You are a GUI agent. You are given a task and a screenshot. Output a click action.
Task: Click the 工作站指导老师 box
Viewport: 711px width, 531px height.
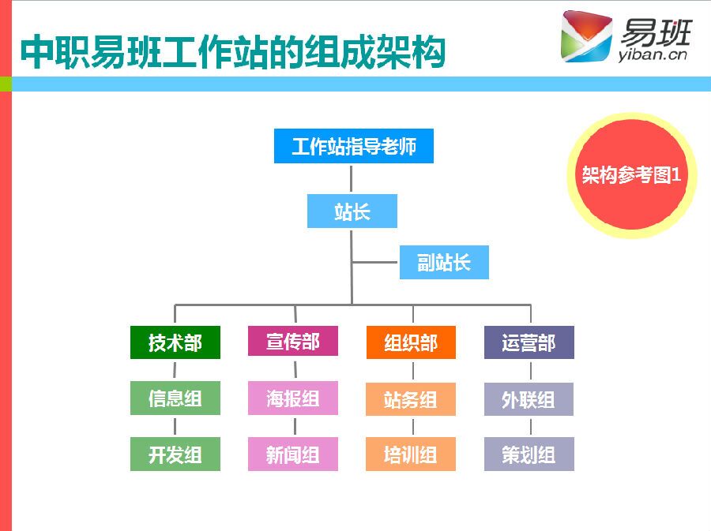353,147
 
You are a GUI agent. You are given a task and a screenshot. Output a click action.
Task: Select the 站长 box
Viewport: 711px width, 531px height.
352,211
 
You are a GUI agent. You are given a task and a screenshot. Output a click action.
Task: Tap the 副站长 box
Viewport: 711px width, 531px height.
443,263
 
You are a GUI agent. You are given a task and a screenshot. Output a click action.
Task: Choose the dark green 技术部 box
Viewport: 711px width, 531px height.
175,342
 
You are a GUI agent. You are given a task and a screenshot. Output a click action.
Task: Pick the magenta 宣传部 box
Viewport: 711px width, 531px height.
292,342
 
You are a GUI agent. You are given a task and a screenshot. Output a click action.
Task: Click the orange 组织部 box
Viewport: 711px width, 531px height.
410,342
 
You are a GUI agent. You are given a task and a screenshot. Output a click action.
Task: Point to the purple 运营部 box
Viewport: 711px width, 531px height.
529,342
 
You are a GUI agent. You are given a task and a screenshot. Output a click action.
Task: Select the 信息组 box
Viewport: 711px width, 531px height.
175,398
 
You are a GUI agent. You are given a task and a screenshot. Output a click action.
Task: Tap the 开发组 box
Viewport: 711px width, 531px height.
175,454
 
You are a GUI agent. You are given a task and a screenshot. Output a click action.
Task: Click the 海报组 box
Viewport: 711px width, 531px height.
292,398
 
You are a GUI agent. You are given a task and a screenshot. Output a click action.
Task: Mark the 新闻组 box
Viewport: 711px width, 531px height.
292,454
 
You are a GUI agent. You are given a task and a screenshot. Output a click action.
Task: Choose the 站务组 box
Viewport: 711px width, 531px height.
410,399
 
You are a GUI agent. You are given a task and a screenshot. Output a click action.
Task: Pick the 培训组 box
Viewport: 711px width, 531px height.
410,454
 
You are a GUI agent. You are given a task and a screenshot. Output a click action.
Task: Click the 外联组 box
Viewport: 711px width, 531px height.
529,399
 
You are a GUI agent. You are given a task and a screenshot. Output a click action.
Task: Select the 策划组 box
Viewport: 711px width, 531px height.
529,454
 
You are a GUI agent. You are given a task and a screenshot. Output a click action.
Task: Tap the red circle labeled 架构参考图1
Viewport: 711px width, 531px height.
631,175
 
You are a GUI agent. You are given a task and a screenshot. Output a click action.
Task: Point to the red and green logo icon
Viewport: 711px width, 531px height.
586,36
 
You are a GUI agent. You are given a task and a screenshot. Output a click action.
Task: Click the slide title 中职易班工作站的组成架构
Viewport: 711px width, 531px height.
232,52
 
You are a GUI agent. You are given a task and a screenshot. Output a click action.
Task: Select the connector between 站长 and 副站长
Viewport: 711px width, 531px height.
375,262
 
